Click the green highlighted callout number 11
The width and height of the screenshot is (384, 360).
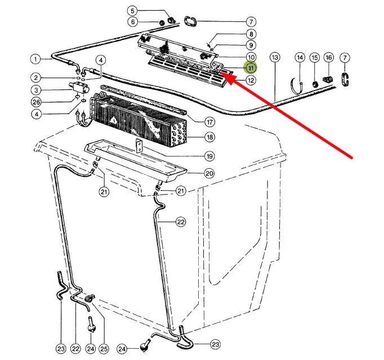click(251, 68)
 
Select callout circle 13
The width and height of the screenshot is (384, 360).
click(275, 57)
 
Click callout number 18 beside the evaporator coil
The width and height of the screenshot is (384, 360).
click(209, 137)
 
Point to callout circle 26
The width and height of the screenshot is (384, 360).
click(36, 102)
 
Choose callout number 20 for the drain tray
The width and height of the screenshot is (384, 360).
click(209, 173)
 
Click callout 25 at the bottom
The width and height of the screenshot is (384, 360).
click(104, 349)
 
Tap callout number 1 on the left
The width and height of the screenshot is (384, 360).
click(36, 59)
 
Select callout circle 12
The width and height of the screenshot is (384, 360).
click(251, 80)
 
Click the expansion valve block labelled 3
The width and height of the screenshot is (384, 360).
click(78, 87)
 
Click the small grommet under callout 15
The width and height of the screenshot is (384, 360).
click(315, 84)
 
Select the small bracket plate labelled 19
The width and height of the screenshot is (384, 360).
click(139, 145)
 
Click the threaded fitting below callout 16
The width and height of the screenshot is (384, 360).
click(328, 79)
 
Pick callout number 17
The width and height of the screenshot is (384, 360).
click(209, 122)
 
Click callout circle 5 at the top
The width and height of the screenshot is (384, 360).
click(132, 11)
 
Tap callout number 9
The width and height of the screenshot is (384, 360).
click(251, 45)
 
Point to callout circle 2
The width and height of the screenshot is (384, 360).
click(36, 78)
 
